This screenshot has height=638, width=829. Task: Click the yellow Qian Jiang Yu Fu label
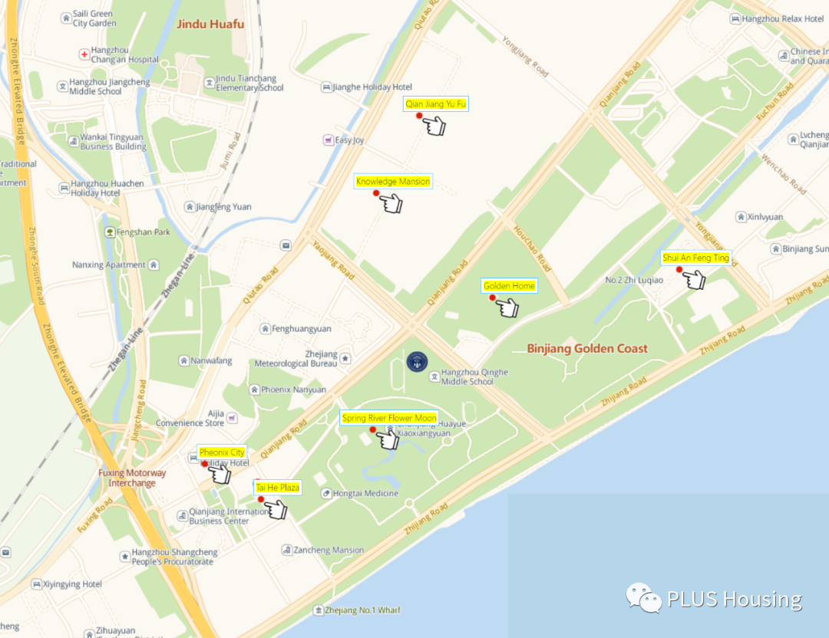coord(436,104)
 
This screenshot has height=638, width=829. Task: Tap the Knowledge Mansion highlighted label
coord(393,182)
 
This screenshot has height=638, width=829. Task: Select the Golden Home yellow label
coord(509,286)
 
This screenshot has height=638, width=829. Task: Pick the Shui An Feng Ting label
coord(696,258)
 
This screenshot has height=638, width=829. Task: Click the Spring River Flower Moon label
coord(389,418)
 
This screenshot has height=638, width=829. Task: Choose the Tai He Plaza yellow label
coord(278,488)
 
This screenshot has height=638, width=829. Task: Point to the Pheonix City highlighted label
coord(222,452)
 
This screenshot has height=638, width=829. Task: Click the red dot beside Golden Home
coord(493,298)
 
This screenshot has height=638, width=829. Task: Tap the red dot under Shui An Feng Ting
coord(679,269)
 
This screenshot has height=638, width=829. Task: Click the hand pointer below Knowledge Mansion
coord(391,203)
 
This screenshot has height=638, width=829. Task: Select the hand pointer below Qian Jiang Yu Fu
coord(435,126)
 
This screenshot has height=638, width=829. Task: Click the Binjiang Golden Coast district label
coord(587,349)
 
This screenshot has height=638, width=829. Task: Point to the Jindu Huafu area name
coord(210,24)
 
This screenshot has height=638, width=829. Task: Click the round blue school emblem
coord(417,362)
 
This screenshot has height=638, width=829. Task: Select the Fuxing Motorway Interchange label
coord(132,478)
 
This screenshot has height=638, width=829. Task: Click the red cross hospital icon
coord(84,54)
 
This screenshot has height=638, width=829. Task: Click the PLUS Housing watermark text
coord(734,599)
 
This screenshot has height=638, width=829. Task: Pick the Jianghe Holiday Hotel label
coord(372,87)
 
